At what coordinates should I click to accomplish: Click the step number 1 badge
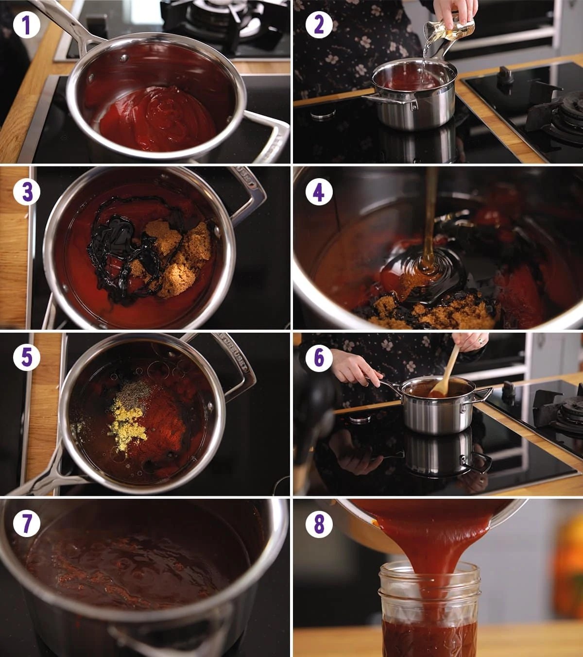click(x=27, y=25)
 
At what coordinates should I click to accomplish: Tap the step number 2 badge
click(x=319, y=25)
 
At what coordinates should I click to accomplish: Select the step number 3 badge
click(x=27, y=192)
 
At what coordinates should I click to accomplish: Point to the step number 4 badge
click(x=319, y=192)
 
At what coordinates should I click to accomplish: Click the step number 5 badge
click(x=27, y=358)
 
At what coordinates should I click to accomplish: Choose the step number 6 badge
click(x=319, y=358)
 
